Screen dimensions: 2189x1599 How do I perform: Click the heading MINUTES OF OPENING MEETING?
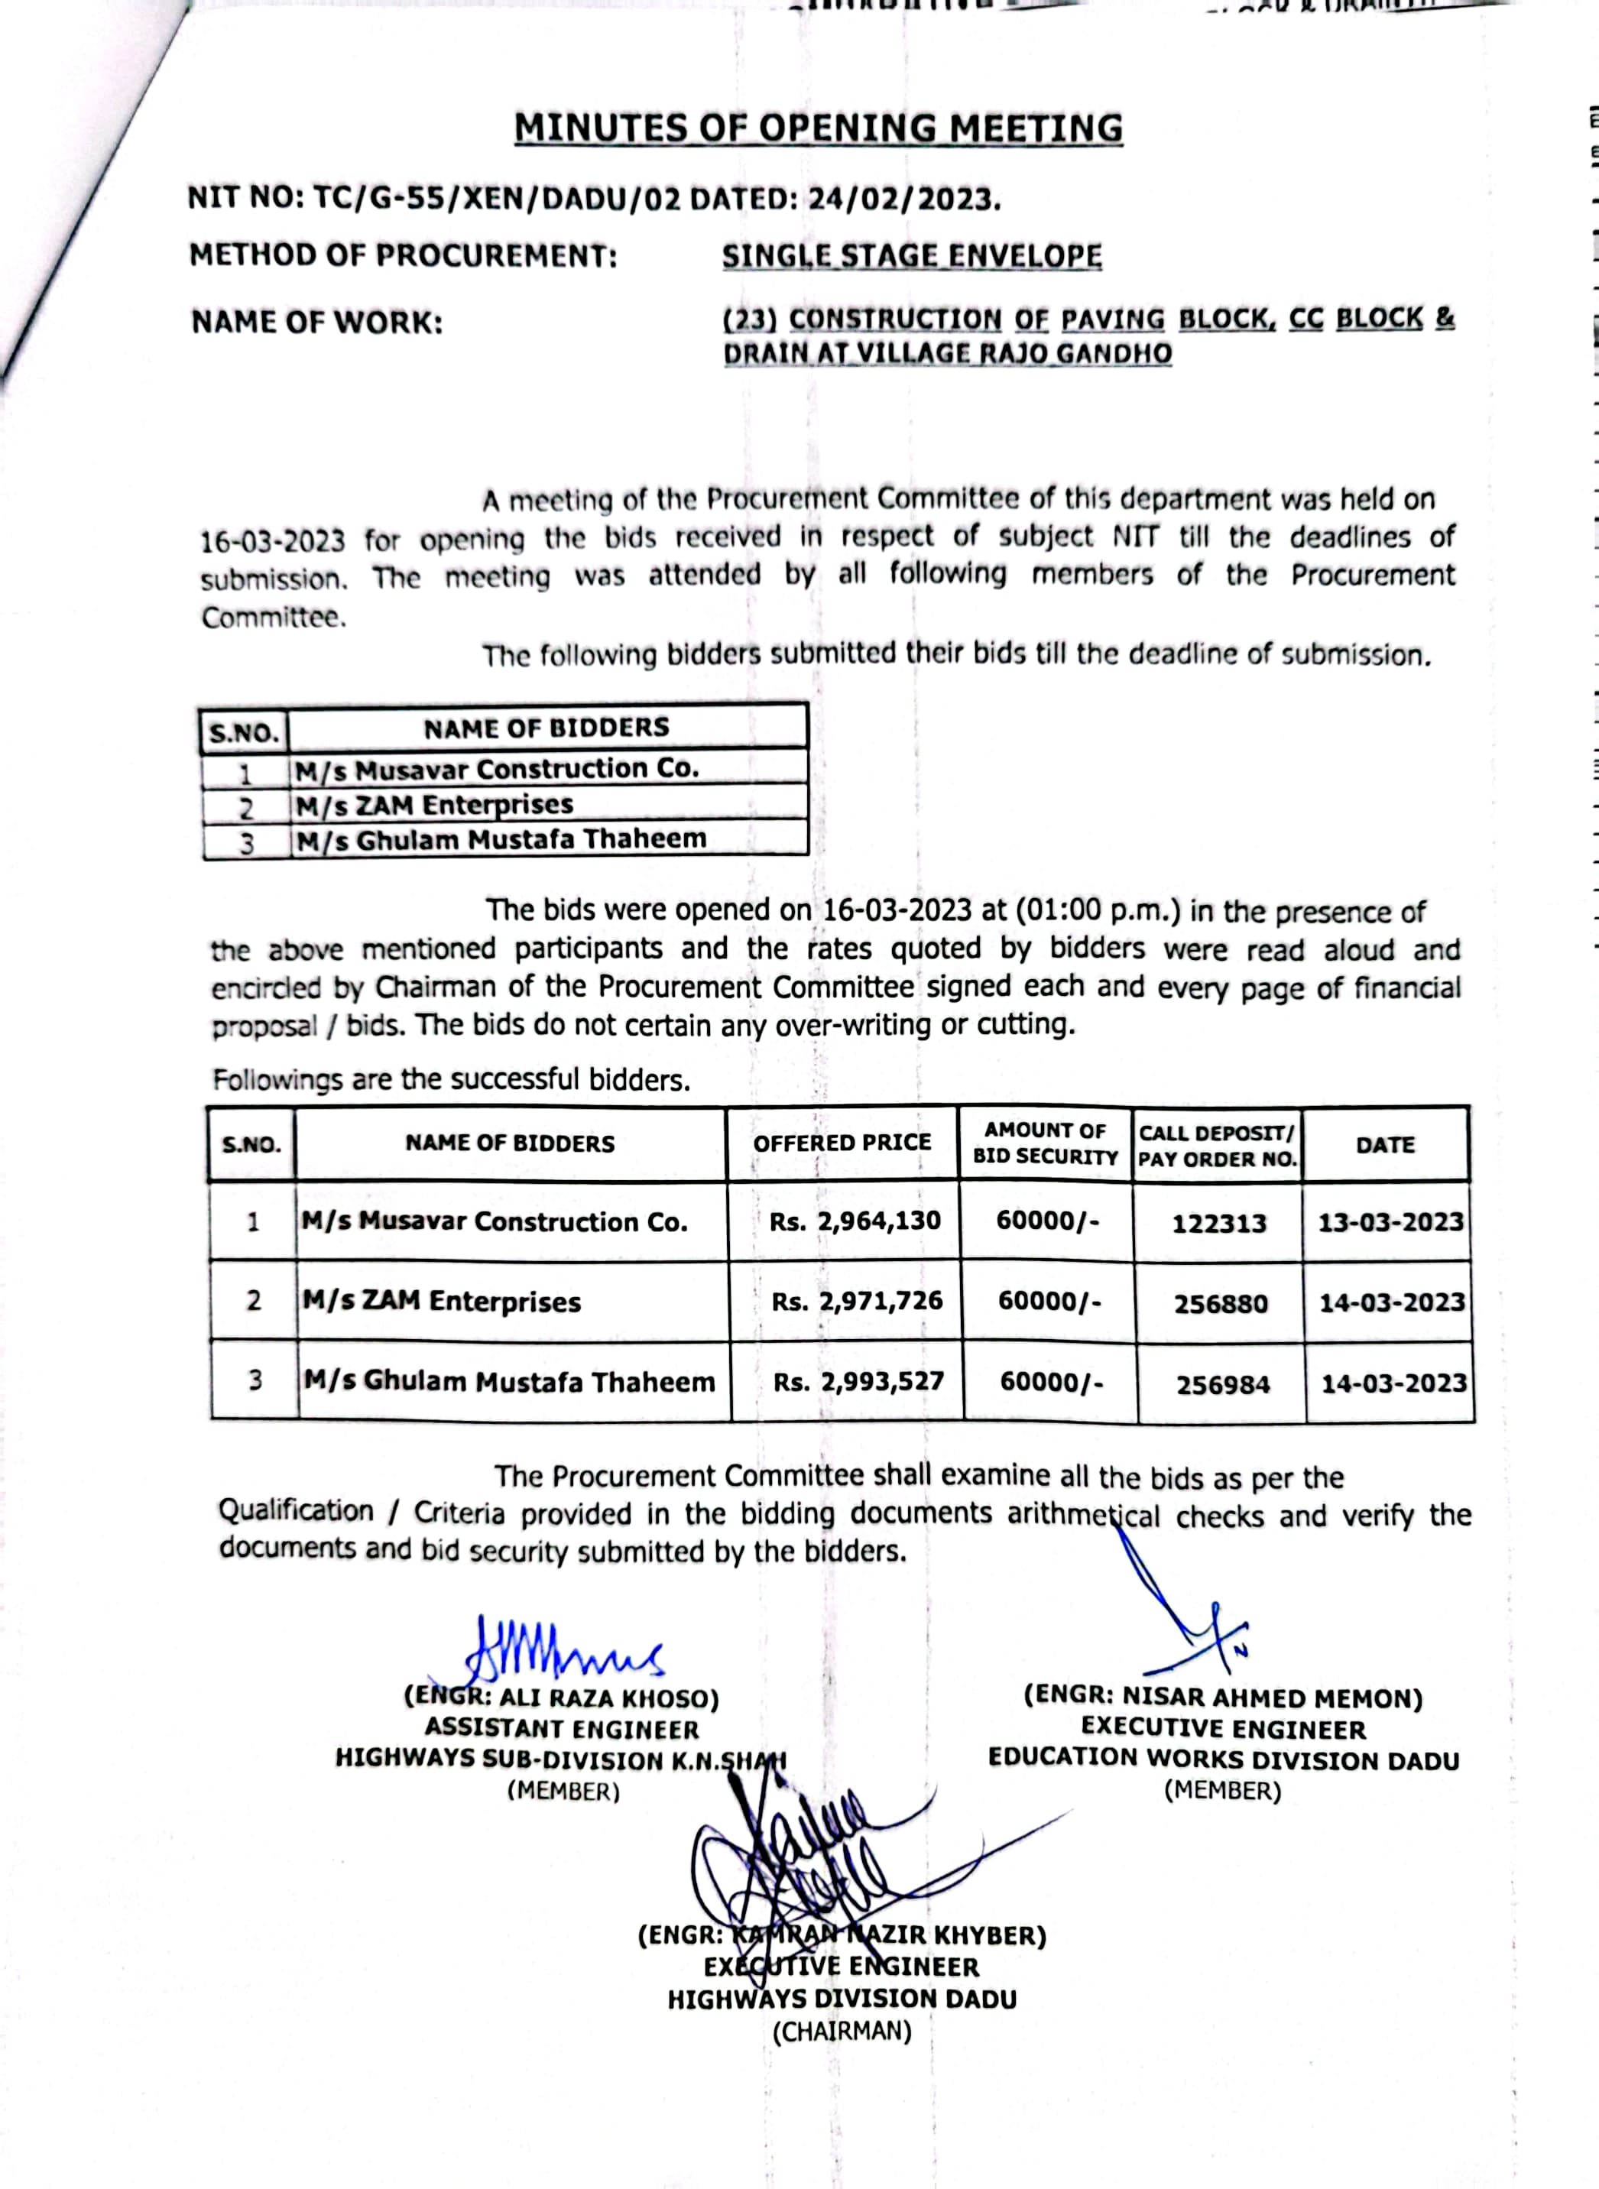point(818,128)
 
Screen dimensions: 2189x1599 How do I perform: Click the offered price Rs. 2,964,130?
point(855,1221)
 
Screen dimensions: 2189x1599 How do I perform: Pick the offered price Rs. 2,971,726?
point(857,1302)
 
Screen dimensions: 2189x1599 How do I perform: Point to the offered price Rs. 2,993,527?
point(858,1382)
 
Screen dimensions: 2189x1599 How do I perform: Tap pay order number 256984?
point(1222,1385)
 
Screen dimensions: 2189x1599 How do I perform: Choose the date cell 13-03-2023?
point(1390,1222)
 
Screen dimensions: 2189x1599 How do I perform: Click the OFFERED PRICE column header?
point(842,1143)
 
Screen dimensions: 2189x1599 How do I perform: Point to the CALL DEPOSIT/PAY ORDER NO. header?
point(1217,1146)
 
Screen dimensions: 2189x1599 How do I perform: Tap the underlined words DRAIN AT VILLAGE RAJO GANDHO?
point(948,353)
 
